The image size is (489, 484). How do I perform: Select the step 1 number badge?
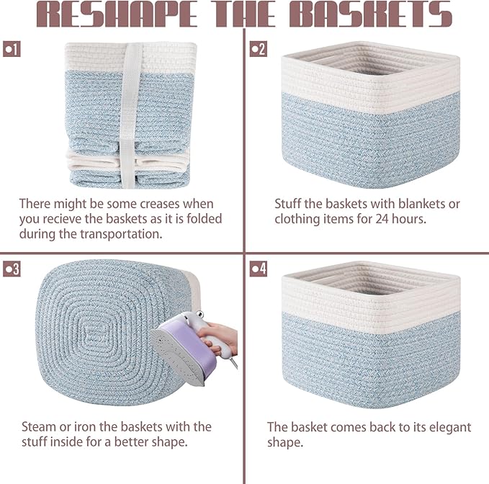(x=12, y=49)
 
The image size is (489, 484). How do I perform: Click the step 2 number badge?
(x=258, y=49)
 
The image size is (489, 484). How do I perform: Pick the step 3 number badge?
(x=12, y=269)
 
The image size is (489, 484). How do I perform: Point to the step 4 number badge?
(x=258, y=269)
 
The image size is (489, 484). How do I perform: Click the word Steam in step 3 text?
(x=37, y=427)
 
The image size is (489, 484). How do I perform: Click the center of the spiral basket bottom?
(x=94, y=333)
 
